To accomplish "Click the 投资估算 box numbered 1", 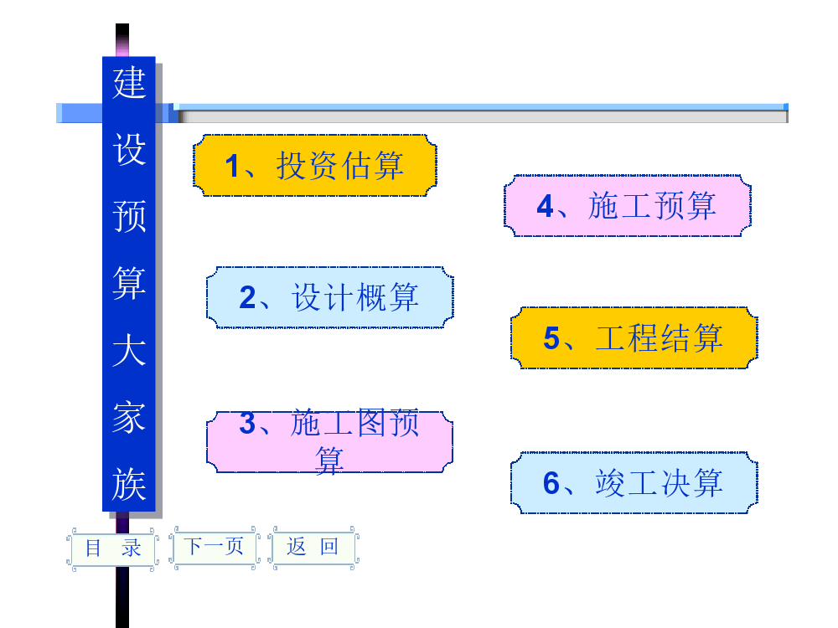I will (315, 166).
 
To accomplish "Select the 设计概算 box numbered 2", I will (329, 297).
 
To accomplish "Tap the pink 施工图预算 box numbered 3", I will (329, 441).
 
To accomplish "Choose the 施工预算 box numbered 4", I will (627, 206).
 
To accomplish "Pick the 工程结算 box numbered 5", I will (634, 337).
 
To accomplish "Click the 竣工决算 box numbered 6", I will (634, 483).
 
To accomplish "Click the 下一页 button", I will (215, 547).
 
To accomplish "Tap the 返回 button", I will (313, 547).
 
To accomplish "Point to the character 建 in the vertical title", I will (129, 84).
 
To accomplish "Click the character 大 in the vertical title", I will (129, 350).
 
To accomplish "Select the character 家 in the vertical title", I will (129, 417).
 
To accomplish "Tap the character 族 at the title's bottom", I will (129, 484).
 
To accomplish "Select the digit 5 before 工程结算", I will (551, 338).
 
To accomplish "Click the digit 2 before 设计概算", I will (247, 298).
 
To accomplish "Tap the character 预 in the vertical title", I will (129, 216).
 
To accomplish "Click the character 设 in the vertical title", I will (129, 150).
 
